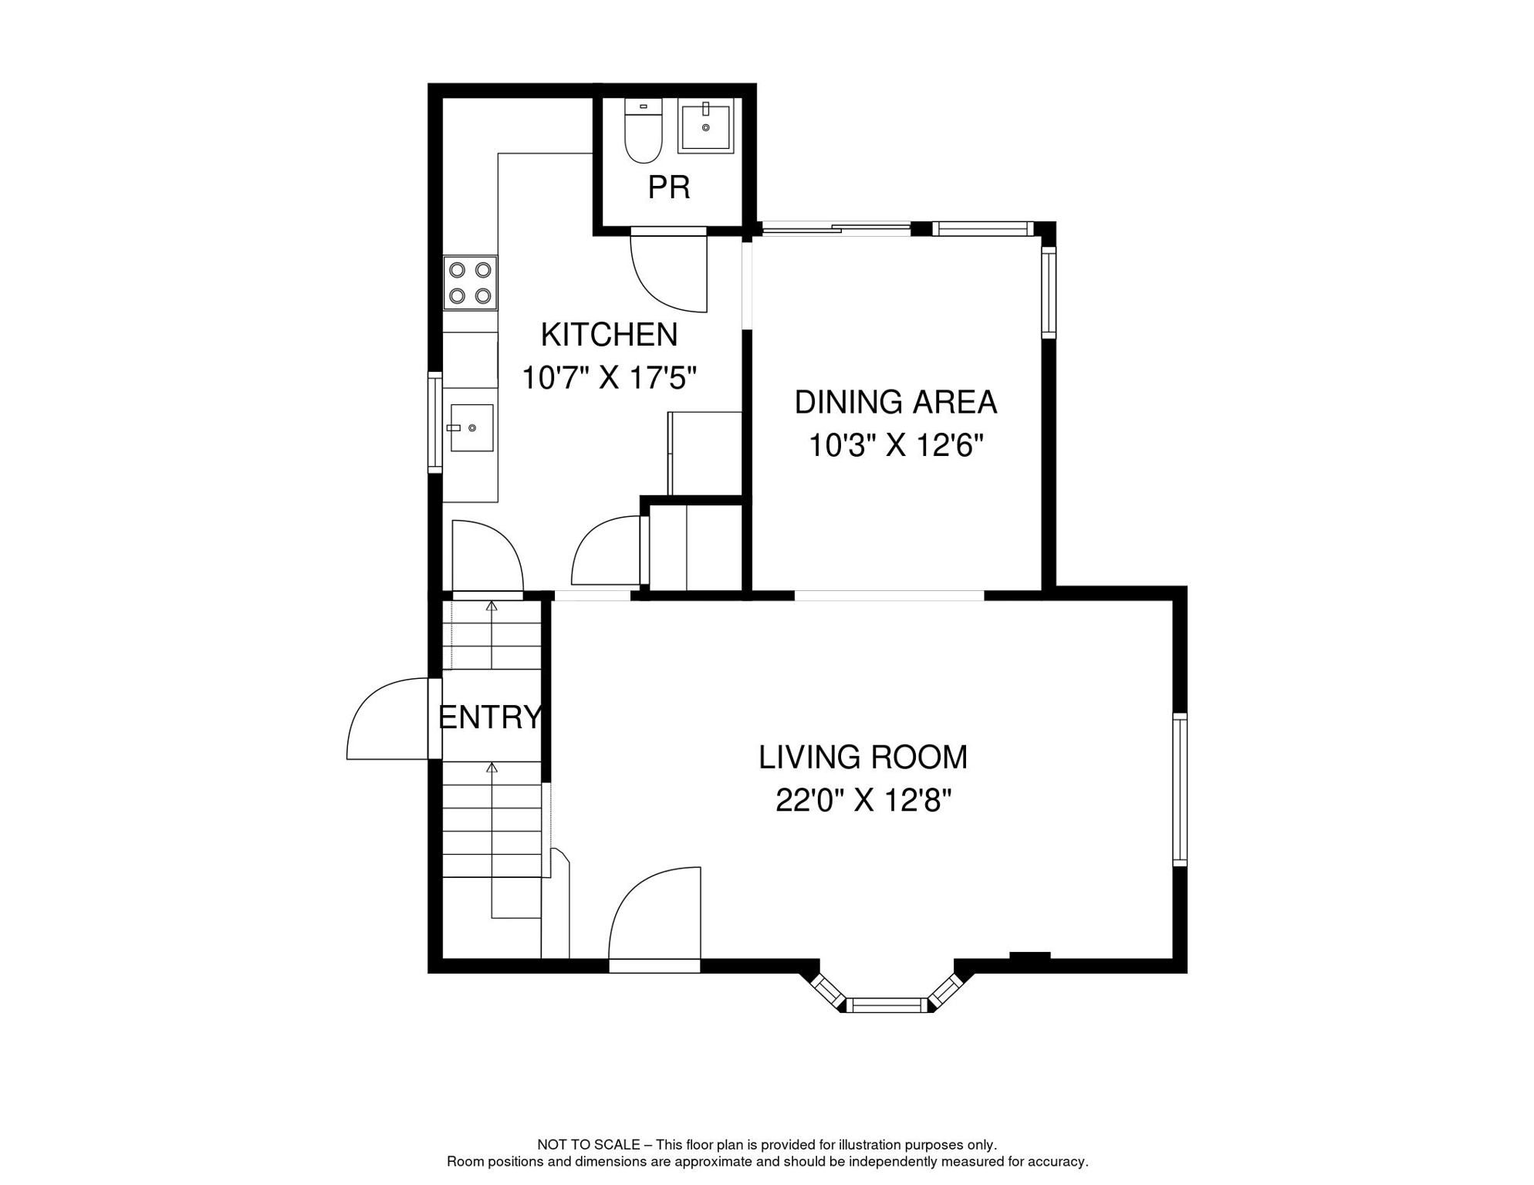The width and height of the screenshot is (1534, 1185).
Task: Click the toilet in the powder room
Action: (643, 131)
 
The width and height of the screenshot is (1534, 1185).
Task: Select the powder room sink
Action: (705, 127)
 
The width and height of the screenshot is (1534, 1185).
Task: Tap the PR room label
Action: (668, 187)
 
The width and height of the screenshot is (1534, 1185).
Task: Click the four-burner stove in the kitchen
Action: (470, 282)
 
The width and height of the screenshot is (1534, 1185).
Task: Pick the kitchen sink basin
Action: (471, 427)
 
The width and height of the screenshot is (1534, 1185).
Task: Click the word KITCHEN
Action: (609, 335)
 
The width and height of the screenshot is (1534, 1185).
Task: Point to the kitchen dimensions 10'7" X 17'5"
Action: (609, 378)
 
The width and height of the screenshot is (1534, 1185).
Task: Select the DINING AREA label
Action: (895, 402)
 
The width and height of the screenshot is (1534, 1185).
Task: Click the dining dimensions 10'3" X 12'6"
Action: (895, 445)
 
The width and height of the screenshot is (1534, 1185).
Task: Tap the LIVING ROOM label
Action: (862, 757)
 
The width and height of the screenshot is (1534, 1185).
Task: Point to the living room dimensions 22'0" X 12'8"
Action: (863, 801)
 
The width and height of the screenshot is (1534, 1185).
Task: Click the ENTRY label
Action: (490, 717)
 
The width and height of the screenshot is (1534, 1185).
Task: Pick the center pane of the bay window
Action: (887, 1005)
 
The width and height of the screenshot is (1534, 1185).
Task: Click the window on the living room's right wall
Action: (1179, 788)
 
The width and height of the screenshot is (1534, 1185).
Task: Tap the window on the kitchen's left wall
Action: (435, 422)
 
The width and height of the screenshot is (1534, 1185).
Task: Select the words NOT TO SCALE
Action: (588, 1145)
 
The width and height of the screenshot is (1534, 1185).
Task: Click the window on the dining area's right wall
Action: (1048, 292)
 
